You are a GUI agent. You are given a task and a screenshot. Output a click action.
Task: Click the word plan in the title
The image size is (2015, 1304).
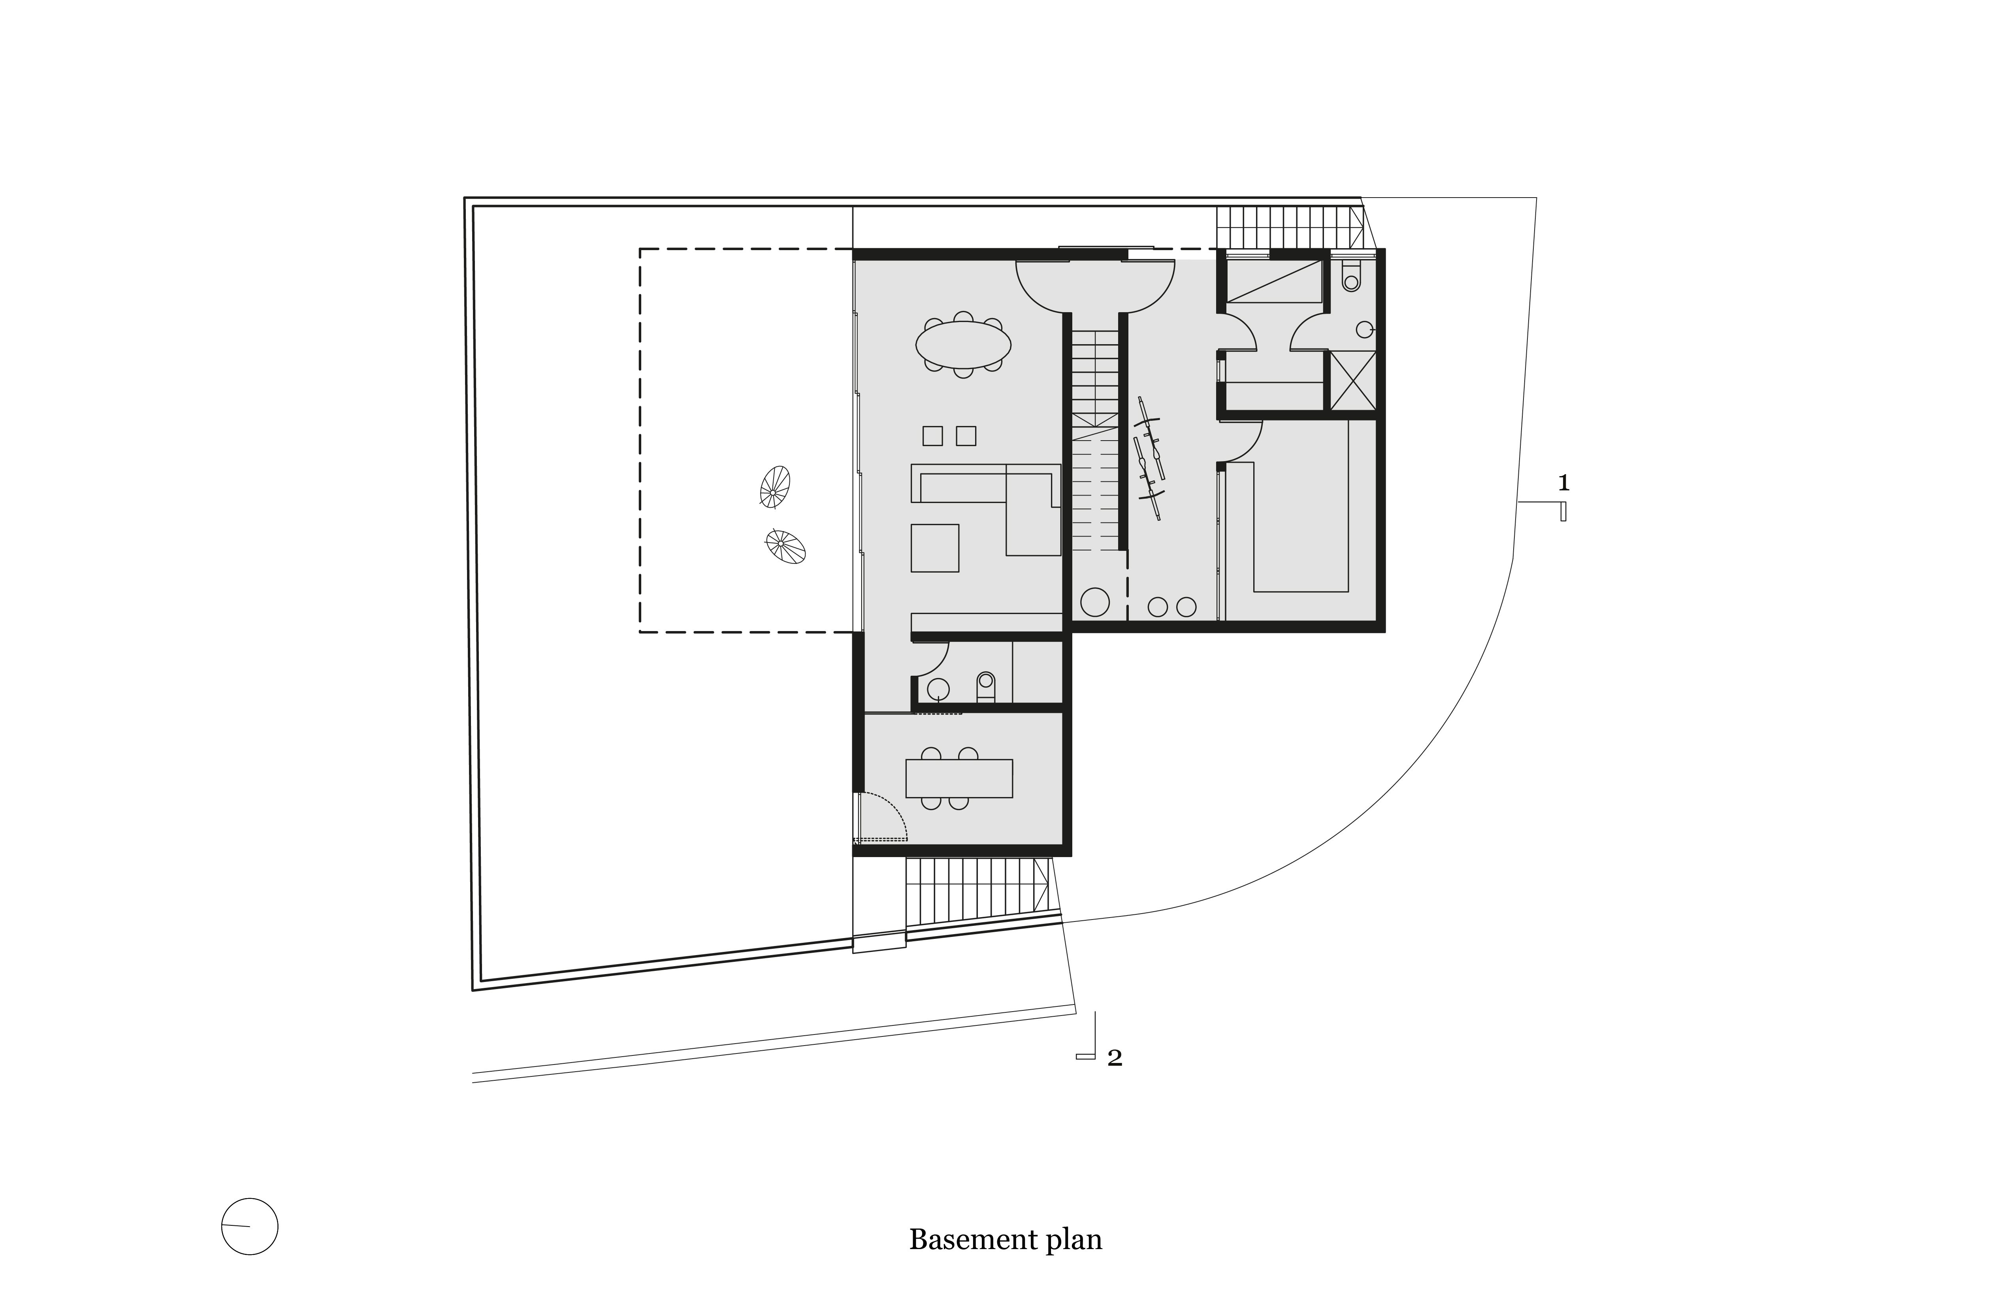(x=1074, y=1241)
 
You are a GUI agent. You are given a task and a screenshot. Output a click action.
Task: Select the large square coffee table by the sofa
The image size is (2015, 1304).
(x=935, y=548)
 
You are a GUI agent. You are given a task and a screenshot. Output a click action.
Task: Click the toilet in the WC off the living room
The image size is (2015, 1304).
(x=985, y=687)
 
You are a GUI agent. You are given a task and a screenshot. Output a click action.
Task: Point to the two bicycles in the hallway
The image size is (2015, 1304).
(x=1149, y=458)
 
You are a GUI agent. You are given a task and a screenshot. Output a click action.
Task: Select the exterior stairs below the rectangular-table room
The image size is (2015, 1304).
(x=978, y=891)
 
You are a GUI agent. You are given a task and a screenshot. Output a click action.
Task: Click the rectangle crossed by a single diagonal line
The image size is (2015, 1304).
(x=1274, y=281)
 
